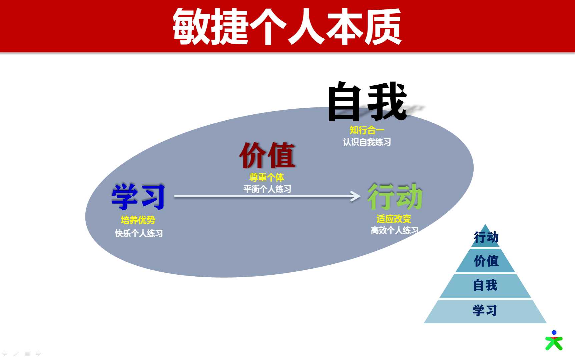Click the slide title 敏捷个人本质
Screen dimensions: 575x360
pyautogui.click(x=287, y=27)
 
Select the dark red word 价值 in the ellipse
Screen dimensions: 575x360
pyautogui.click(x=267, y=155)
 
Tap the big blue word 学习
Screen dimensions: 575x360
pyautogui.click(x=138, y=197)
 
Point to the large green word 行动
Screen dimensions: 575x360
pyautogui.click(x=395, y=196)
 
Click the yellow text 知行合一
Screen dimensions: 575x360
pyautogui.click(x=367, y=130)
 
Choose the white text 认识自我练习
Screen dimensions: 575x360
pyautogui.click(x=367, y=142)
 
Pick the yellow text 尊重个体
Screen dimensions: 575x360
pyautogui.click(x=267, y=177)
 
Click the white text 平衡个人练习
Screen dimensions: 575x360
pyautogui.click(x=267, y=189)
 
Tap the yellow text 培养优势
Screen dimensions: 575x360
pyautogui.click(x=138, y=220)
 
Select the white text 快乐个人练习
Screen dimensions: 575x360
pyautogui.click(x=139, y=233)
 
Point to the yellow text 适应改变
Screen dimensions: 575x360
pyautogui.click(x=394, y=219)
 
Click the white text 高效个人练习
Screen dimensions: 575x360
pyautogui.click(x=395, y=230)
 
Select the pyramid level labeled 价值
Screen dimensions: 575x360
pyautogui.click(x=486, y=261)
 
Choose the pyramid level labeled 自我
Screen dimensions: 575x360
pyautogui.click(x=485, y=286)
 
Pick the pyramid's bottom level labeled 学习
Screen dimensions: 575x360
pyautogui.click(x=485, y=311)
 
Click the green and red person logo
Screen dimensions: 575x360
pyautogui.click(x=554, y=340)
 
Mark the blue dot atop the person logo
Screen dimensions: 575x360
pyautogui.click(x=554, y=332)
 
